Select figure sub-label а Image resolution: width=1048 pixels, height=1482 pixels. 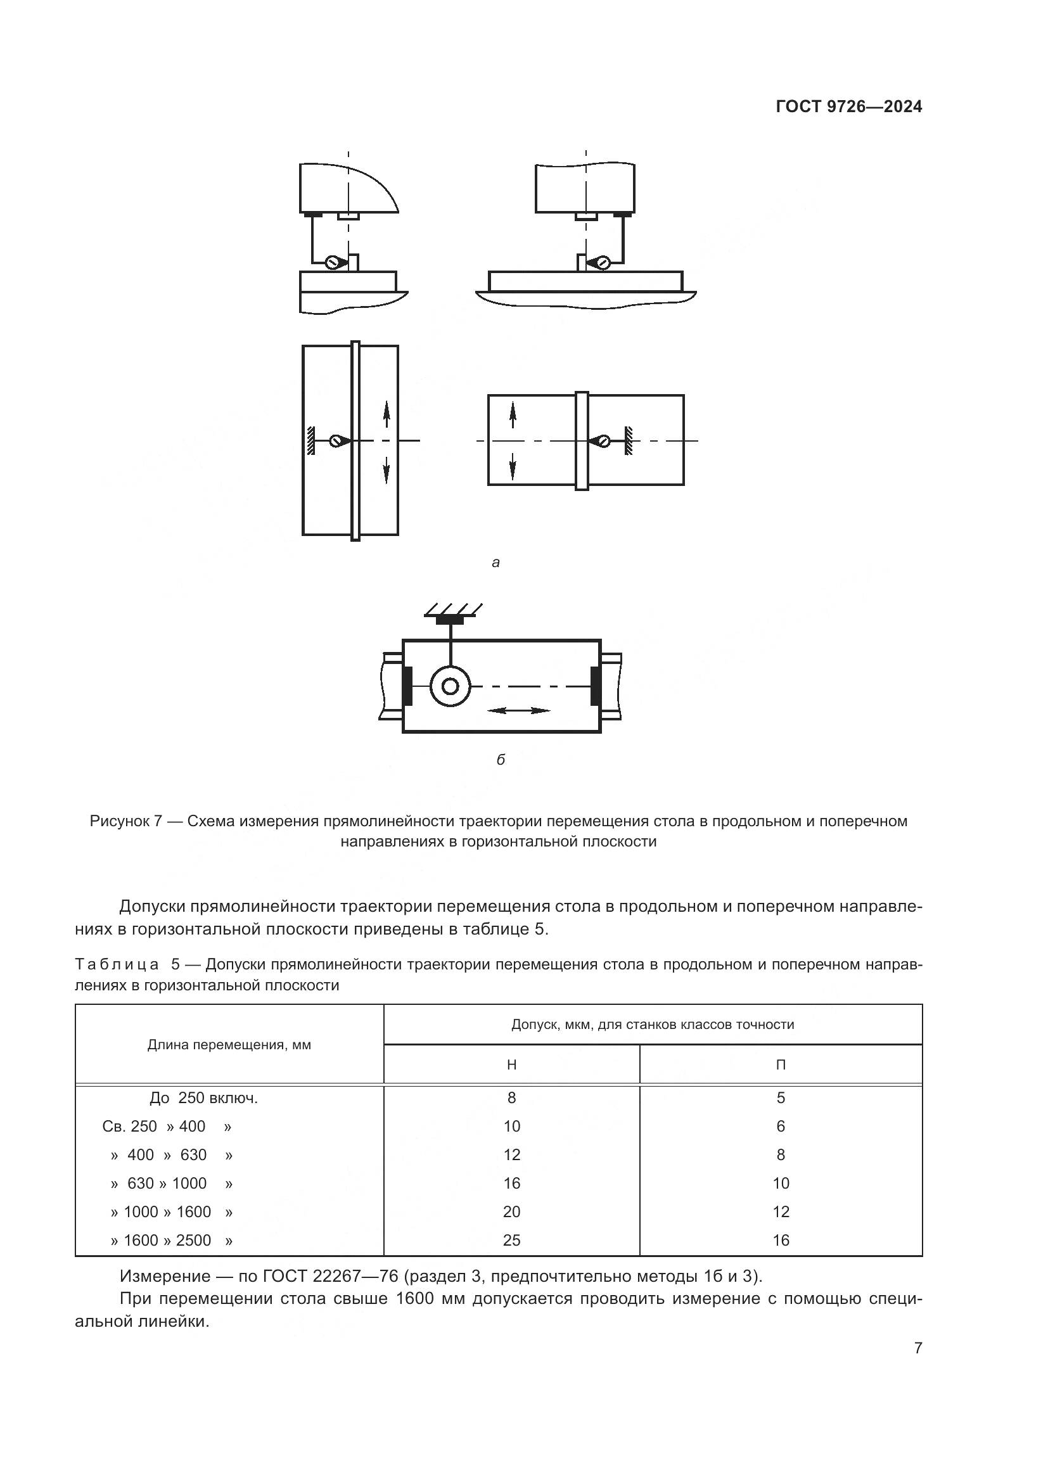495,562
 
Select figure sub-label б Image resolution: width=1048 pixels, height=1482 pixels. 500,760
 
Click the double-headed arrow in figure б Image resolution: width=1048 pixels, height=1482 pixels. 518,711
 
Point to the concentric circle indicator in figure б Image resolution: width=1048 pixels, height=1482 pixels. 451,686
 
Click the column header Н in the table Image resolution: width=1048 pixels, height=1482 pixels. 511,1065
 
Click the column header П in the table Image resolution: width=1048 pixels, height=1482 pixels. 780,1065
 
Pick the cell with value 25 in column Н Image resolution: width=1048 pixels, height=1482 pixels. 511,1240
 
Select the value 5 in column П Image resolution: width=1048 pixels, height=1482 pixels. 780,1098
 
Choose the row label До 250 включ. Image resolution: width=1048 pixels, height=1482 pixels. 203,1098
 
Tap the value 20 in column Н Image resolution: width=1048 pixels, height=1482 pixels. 511,1211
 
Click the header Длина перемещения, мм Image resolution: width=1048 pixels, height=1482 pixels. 229,1045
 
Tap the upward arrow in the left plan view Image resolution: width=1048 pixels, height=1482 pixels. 386,413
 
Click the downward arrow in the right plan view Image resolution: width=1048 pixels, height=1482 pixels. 513,466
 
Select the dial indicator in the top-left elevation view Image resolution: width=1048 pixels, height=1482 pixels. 335,262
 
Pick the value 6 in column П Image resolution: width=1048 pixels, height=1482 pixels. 780,1127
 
